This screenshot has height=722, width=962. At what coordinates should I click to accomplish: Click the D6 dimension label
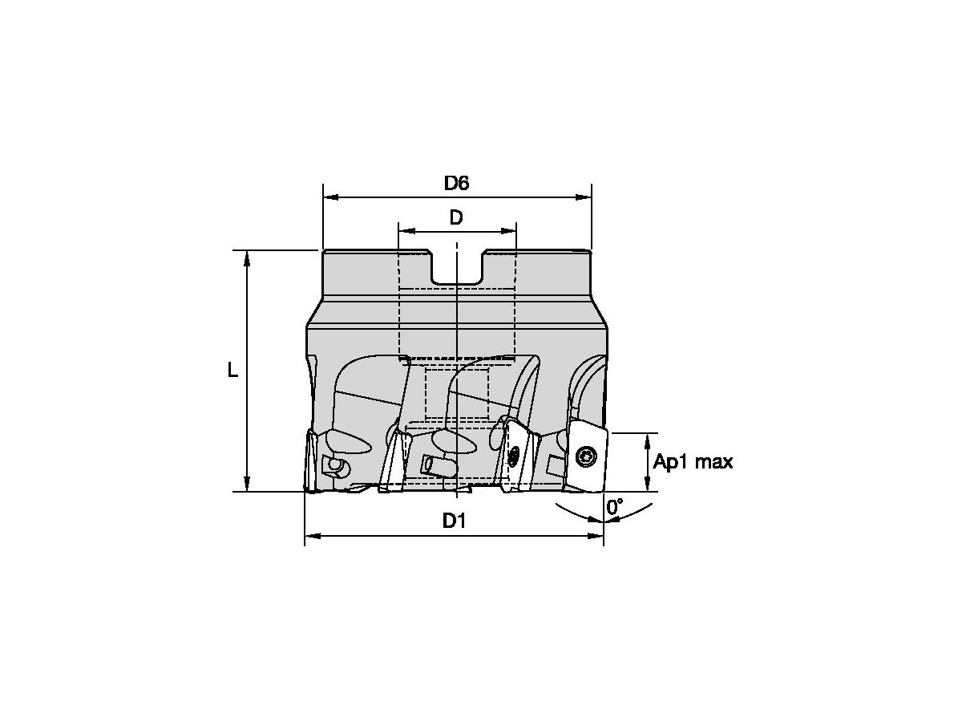tap(456, 183)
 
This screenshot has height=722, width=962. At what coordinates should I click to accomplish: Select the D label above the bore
tap(456, 217)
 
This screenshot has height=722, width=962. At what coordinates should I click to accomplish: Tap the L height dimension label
tap(232, 370)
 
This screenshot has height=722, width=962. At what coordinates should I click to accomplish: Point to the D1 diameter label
tap(455, 521)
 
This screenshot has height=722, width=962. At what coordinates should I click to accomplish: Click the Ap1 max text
tap(693, 462)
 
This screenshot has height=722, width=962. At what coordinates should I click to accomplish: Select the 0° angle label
tap(615, 507)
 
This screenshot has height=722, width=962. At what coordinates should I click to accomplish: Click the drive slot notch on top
tap(457, 268)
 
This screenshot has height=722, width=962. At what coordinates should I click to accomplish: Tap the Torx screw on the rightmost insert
tap(586, 457)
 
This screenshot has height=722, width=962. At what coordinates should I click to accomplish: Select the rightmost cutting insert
tap(587, 459)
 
